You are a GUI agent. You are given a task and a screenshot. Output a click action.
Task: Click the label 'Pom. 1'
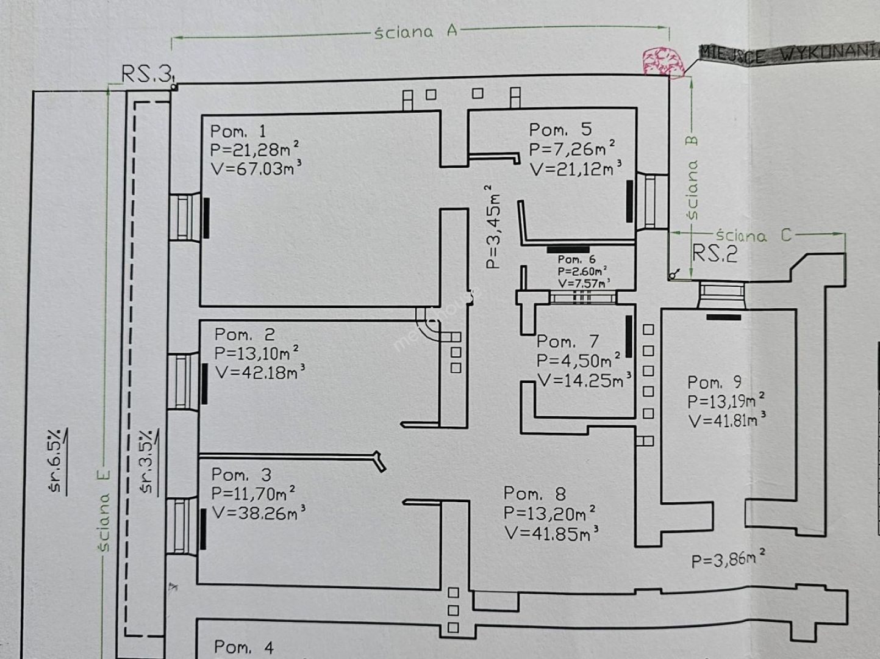tap(238, 131)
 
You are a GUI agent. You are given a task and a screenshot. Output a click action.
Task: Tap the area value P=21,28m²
tap(254, 149)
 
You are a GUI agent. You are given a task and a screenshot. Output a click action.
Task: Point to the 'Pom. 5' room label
tap(560, 129)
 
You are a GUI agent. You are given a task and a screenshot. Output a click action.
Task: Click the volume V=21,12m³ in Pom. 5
tap(575, 168)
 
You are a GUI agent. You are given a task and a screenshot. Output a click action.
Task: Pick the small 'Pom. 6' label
tap(576, 260)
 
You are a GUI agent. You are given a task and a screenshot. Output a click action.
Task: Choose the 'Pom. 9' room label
tap(714, 383)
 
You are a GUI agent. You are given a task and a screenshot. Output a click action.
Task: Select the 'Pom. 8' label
tap(535, 494)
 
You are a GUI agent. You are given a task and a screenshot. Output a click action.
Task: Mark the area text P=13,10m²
tap(256, 353)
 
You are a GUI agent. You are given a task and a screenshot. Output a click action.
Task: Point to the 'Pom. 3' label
tap(241, 475)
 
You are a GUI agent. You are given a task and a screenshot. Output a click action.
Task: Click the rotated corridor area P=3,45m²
tap(493, 227)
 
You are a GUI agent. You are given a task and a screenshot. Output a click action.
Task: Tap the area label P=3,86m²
tap(728, 558)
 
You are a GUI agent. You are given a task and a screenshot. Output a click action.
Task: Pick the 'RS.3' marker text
tap(146, 74)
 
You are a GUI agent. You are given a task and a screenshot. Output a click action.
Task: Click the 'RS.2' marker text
tap(715, 253)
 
